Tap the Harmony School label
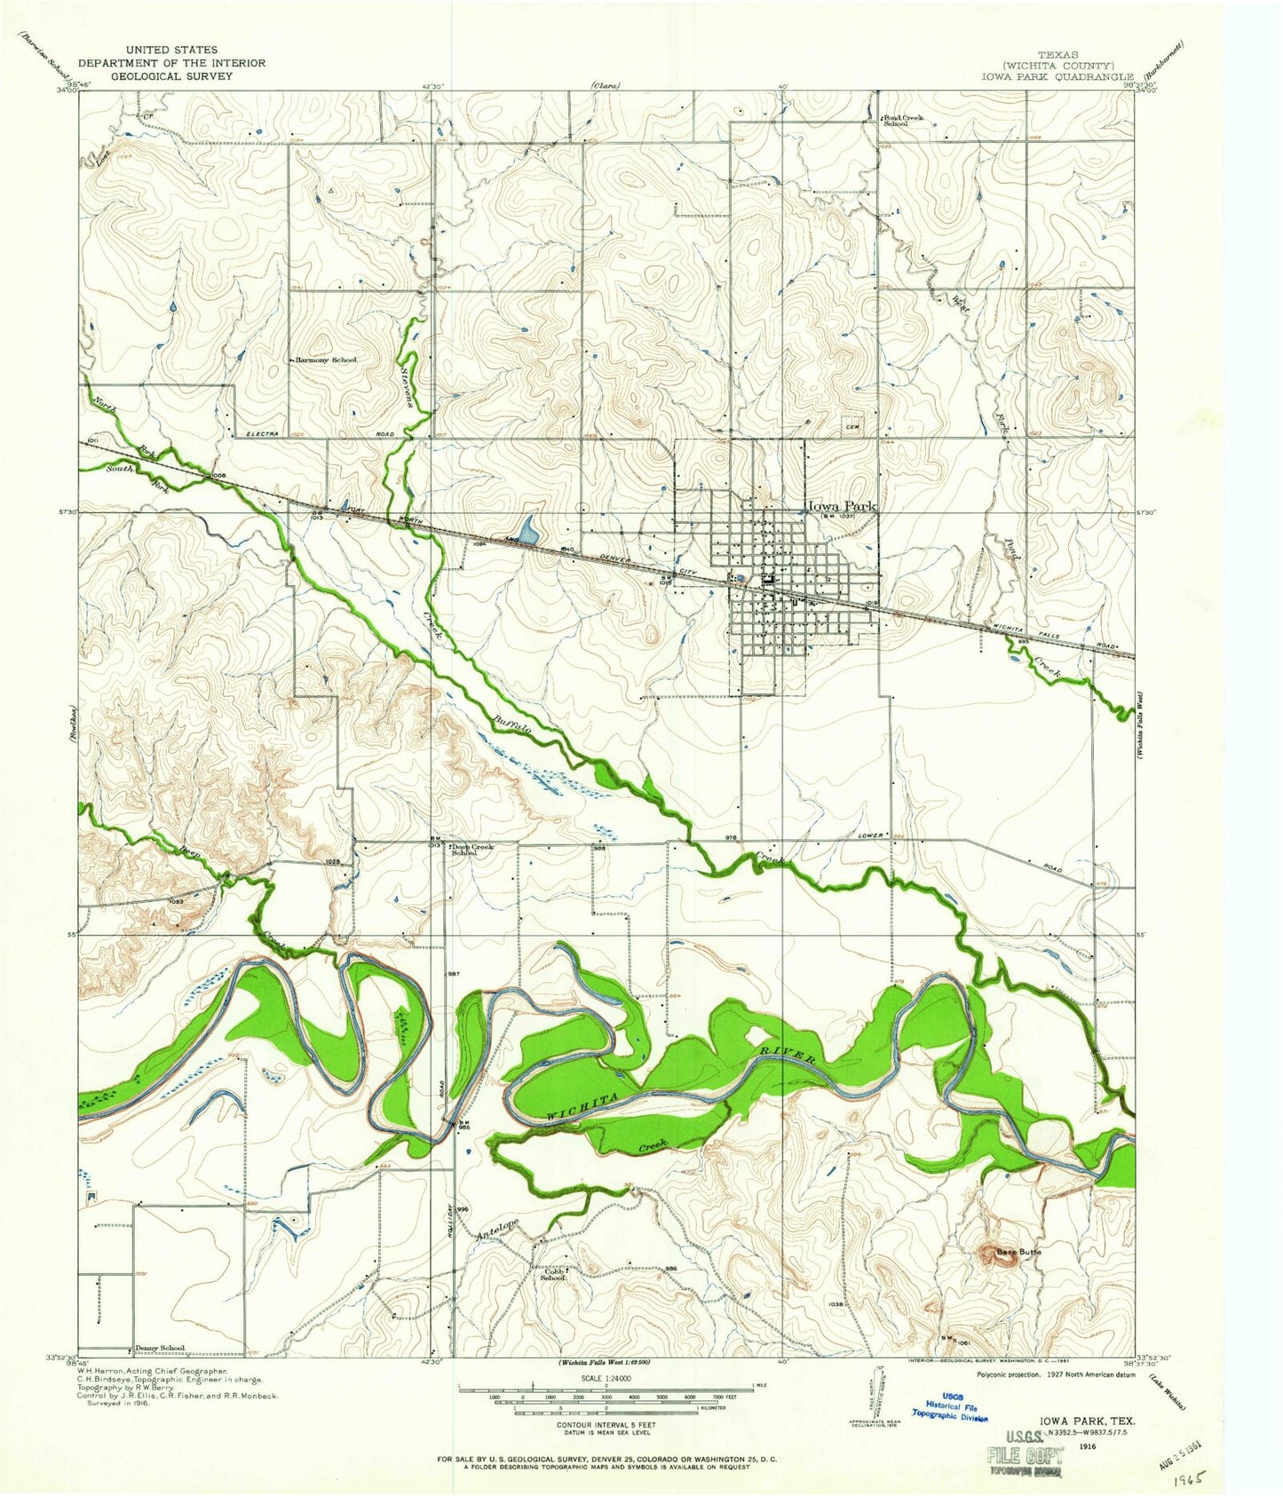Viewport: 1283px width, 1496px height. coord(326,360)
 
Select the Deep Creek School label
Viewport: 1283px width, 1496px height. coord(471,850)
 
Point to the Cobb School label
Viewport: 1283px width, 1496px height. coord(555,1273)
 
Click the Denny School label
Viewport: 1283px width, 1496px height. coord(160,1348)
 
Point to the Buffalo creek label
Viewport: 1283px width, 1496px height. coord(513,730)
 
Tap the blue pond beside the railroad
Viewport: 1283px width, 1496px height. coord(528,532)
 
